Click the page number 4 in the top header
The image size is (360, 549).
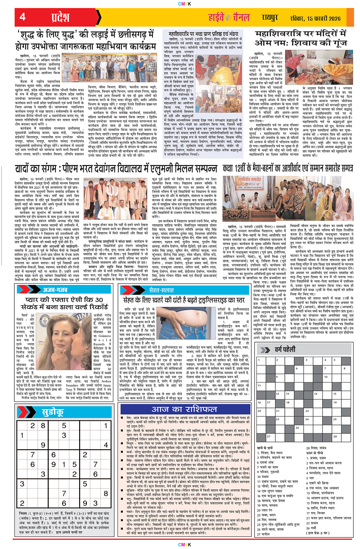22,18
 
